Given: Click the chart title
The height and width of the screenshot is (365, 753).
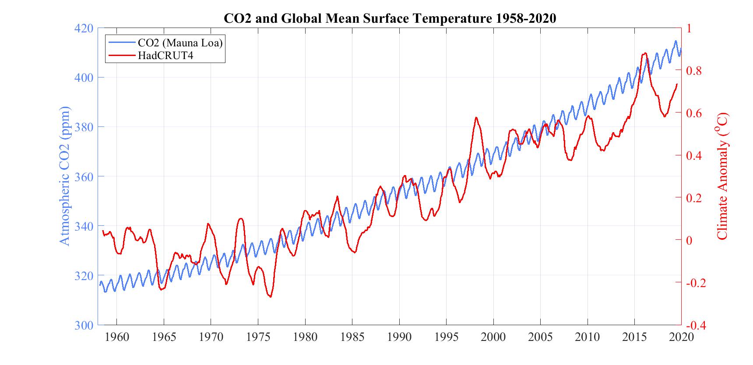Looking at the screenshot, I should [x=390, y=18].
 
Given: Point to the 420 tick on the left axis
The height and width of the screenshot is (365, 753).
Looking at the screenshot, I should [x=84, y=28].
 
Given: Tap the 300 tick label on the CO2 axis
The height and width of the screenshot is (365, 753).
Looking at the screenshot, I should [x=84, y=325].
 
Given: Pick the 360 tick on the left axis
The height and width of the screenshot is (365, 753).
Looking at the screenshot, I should [x=84, y=177].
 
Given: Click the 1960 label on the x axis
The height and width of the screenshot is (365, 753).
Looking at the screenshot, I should [x=117, y=337].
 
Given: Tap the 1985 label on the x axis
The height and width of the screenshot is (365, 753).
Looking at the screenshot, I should [x=352, y=337].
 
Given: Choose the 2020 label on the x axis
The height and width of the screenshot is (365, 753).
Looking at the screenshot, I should [x=681, y=337].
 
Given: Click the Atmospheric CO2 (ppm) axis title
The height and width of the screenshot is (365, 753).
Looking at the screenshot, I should [x=64, y=176].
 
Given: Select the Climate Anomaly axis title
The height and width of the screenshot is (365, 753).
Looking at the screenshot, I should [x=722, y=176].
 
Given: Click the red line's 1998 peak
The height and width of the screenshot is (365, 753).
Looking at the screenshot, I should [x=476, y=117].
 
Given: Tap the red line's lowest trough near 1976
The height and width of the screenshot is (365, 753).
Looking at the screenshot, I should [x=270, y=297].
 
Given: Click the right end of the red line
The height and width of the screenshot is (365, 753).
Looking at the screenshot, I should [x=677, y=84].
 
